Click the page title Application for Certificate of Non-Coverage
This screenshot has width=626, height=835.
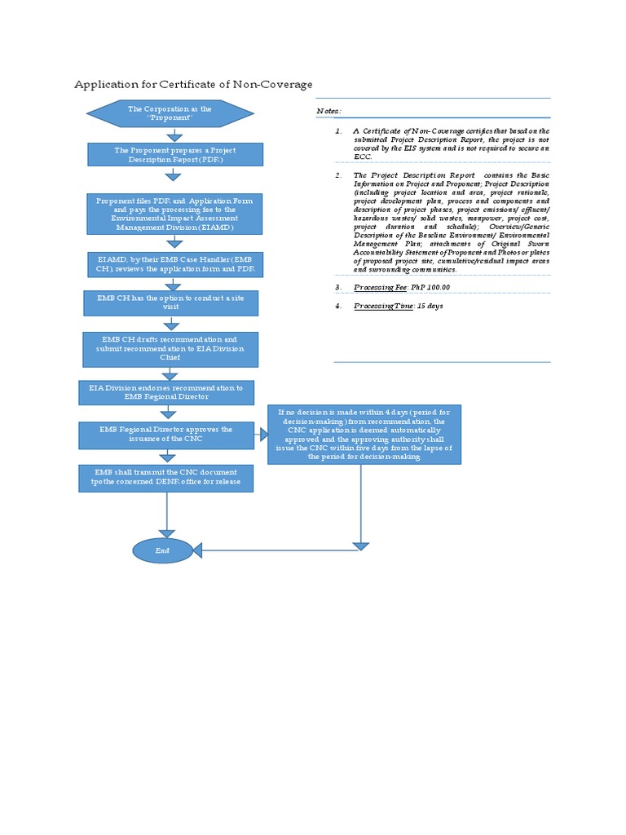point(193,84)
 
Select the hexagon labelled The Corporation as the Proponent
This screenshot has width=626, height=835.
point(170,113)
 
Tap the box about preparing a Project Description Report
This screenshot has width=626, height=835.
point(175,154)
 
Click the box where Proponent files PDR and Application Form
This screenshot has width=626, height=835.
point(175,214)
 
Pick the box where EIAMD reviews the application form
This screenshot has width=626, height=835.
point(175,264)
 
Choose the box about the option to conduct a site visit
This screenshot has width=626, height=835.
point(171,303)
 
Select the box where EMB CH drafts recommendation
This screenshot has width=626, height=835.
point(170,349)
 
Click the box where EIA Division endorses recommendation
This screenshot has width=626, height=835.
point(166,392)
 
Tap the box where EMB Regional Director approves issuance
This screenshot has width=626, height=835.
point(166,435)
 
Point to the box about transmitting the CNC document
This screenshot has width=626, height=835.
point(166,478)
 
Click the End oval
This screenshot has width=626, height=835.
point(163,550)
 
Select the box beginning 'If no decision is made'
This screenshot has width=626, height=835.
point(364,435)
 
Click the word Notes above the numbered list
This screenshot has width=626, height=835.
point(328,112)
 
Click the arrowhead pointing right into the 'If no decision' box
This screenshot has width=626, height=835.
point(263,435)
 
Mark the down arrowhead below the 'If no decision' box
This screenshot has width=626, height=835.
point(360,546)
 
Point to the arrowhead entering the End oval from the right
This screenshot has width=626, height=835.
point(198,550)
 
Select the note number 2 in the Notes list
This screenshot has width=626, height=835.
point(338,175)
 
